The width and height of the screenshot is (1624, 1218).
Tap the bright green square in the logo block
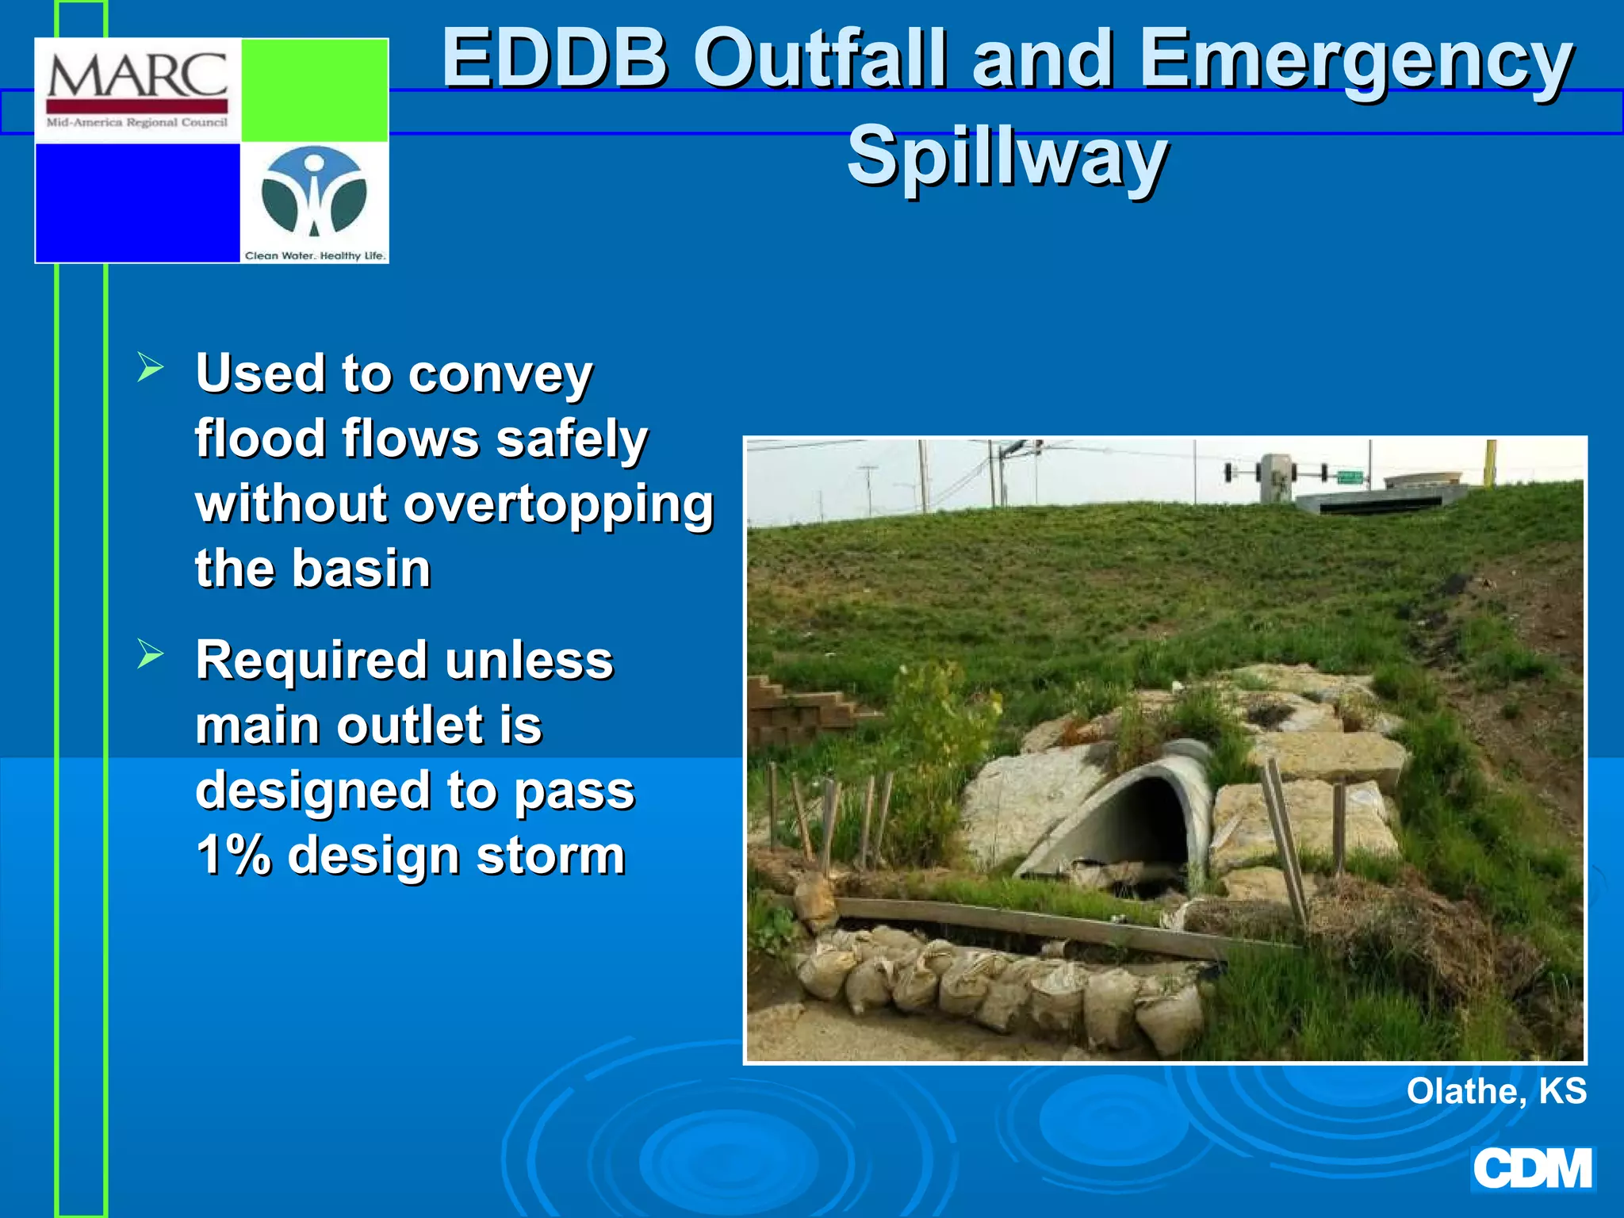[314, 90]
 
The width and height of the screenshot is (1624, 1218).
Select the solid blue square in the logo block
[137, 202]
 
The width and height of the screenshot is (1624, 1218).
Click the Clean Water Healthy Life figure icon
[314, 193]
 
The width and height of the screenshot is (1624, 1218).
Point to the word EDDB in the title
[554, 58]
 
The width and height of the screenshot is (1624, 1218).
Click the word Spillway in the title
[1006, 155]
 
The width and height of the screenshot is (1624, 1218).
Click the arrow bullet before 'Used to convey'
[150, 367]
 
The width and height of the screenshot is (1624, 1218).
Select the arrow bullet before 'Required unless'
[150, 654]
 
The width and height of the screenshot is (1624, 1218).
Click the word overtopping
[558, 504]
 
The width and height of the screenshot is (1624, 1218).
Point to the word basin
[362, 569]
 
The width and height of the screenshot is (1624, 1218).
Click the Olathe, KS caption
[1496, 1091]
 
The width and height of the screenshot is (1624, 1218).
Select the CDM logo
[1532, 1169]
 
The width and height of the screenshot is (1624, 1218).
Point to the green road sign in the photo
[1350, 477]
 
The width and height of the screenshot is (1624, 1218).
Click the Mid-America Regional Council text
[137, 123]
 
